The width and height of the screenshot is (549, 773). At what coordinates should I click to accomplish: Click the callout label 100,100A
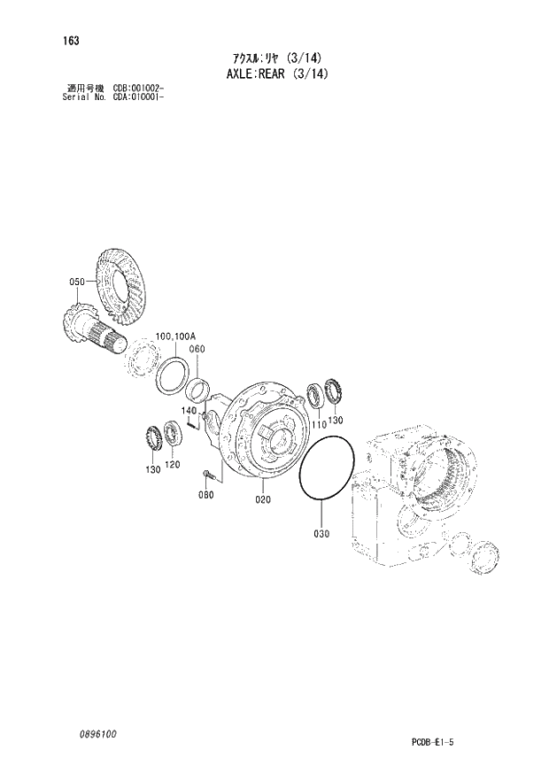pos(175,336)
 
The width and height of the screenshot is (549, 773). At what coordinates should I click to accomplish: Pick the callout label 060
pos(197,349)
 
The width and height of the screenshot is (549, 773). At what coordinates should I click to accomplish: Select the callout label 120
pos(172,465)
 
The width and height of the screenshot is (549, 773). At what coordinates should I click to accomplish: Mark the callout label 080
pos(205,494)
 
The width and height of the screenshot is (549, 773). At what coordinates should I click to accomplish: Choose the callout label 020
pos(263,499)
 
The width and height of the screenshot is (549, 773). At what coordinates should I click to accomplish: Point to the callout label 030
pos(321,533)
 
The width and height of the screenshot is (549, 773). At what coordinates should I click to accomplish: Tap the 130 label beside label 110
pos(335,420)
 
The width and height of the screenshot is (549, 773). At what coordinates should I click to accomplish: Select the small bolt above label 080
pos(207,476)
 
